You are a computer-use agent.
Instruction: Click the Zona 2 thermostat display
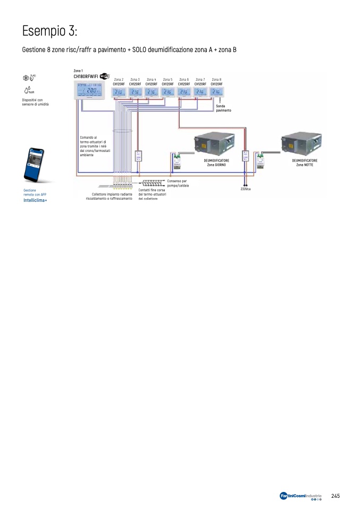(x=119, y=92)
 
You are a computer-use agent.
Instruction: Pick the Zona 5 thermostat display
(x=168, y=92)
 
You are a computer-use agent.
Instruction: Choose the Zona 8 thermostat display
(x=216, y=92)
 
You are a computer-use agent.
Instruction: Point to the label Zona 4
(x=151, y=79)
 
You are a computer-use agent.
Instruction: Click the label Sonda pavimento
(x=224, y=108)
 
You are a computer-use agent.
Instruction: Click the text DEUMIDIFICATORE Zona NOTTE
(x=305, y=162)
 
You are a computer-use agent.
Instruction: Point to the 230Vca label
(x=245, y=189)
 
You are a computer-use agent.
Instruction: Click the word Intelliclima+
(x=35, y=200)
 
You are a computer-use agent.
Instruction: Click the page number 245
(x=335, y=496)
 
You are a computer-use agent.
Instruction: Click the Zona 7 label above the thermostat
(x=200, y=79)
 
